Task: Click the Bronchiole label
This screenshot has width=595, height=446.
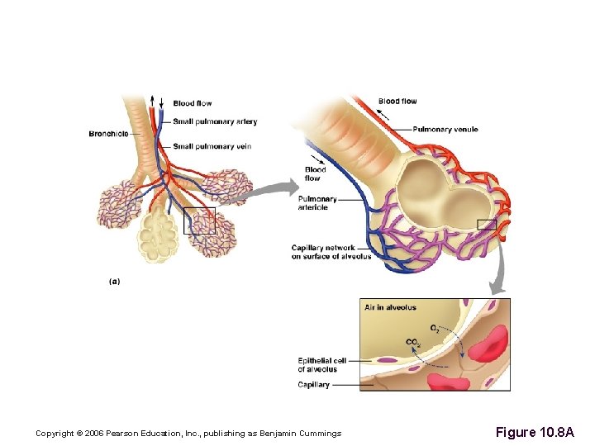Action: (x=108, y=134)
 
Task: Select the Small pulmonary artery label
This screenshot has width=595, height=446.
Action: (x=215, y=121)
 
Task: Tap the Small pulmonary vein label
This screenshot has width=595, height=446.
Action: (x=212, y=146)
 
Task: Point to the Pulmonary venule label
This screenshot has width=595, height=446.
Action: (x=445, y=130)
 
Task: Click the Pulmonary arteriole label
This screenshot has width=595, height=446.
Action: (x=317, y=203)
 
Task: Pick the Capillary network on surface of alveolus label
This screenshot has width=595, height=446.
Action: (x=331, y=252)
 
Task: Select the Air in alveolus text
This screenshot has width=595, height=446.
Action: (x=390, y=307)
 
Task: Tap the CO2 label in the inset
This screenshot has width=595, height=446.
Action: (x=413, y=343)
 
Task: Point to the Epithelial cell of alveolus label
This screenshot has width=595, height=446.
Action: (x=322, y=365)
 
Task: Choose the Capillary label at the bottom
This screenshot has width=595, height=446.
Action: (x=314, y=385)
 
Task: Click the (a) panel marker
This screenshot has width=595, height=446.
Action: (x=114, y=281)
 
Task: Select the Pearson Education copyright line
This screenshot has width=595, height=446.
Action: (x=188, y=434)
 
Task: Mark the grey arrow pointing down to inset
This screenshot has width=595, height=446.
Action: (x=497, y=277)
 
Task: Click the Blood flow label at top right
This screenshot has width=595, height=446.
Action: (x=397, y=102)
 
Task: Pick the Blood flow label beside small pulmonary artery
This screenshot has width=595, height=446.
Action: (x=193, y=103)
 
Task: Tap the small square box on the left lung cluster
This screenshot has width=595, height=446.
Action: (x=199, y=221)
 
